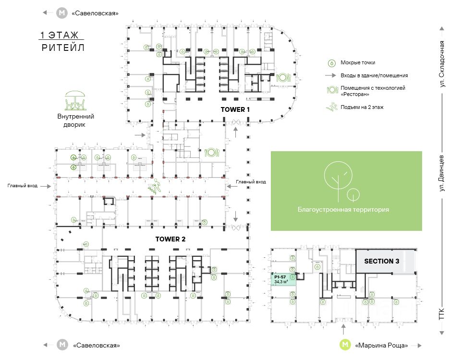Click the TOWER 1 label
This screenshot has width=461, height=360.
tap(235, 109)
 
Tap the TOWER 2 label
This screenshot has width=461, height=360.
tap(170, 239)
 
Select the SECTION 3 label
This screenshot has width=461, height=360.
tap(382, 261)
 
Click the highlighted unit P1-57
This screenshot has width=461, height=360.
tap(283, 279)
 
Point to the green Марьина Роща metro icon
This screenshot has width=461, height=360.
tap(345, 345)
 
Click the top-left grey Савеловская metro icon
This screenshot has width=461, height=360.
tap(62, 13)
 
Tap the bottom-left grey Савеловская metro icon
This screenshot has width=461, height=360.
tap(62, 345)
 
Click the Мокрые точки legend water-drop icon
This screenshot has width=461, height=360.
tap(332, 63)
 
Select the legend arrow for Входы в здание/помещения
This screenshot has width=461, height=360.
tap(330, 75)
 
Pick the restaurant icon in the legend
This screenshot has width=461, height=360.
tap(332, 90)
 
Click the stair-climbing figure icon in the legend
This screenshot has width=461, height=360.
tap(332, 107)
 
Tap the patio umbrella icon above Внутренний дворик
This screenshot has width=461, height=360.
tap(75, 100)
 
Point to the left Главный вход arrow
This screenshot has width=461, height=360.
tap(46, 186)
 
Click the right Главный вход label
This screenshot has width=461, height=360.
tap(251, 182)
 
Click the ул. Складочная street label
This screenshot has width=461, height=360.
tap(442, 64)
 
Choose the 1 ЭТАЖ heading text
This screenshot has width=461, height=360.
tap(60, 35)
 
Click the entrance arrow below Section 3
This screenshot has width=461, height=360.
tap(344, 329)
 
